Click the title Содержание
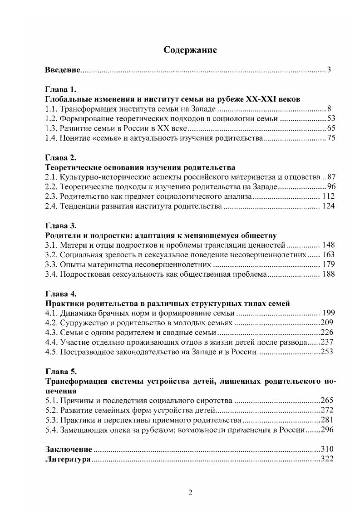(x=190, y=50)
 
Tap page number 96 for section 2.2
(x=331, y=187)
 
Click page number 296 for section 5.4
(x=327, y=430)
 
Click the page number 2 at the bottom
(x=191, y=493)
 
